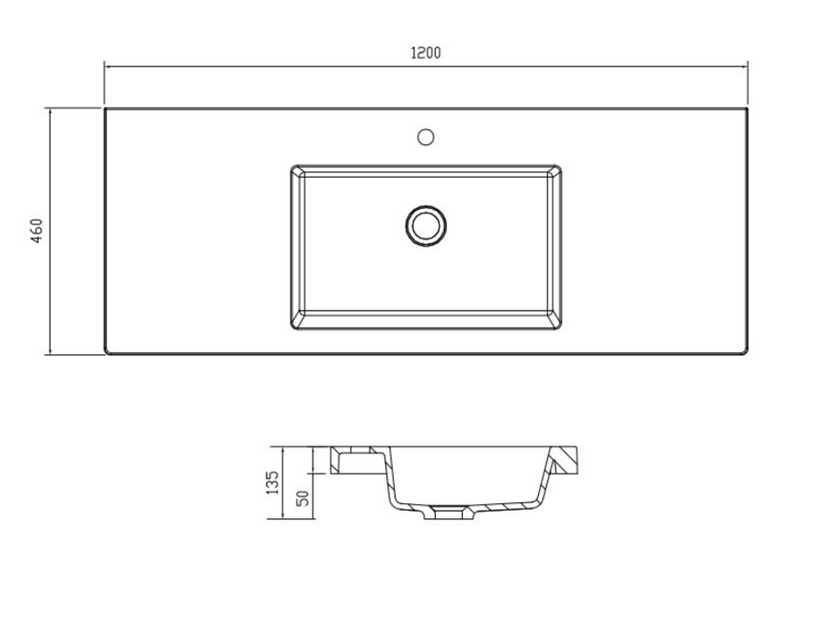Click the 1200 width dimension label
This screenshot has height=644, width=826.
pos(426,52)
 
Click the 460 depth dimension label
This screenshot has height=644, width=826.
pos(36,230)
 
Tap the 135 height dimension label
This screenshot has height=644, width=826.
pos(272,482)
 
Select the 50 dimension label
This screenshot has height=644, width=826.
pos(303,498)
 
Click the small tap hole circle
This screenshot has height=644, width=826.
pos(426,137)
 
